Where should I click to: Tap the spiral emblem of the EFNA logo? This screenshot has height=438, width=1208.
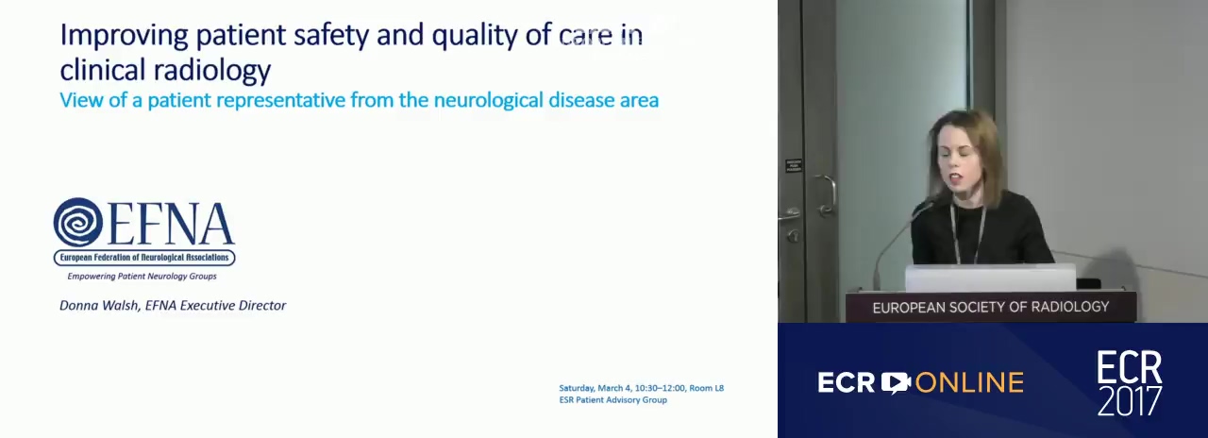(x=77, y=222)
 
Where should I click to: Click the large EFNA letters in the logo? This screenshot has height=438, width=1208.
(x=172, y=224)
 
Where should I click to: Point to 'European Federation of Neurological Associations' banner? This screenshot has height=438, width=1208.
(x=144, y=258)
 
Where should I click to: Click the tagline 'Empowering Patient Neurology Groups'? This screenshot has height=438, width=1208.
(x=142, y=277)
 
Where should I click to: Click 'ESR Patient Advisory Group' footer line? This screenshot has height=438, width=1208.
(x=613, y=399)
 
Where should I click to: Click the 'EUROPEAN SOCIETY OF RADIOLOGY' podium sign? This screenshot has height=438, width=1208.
(x=991, y=307)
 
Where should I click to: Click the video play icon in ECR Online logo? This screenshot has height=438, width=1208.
(x=896, y=382)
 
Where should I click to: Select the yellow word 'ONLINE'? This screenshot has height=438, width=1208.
(x=969, y=382)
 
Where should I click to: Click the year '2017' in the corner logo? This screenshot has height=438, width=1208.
(x=1130, y=400)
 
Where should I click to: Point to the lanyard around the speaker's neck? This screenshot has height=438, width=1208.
(x=968, y=232)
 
